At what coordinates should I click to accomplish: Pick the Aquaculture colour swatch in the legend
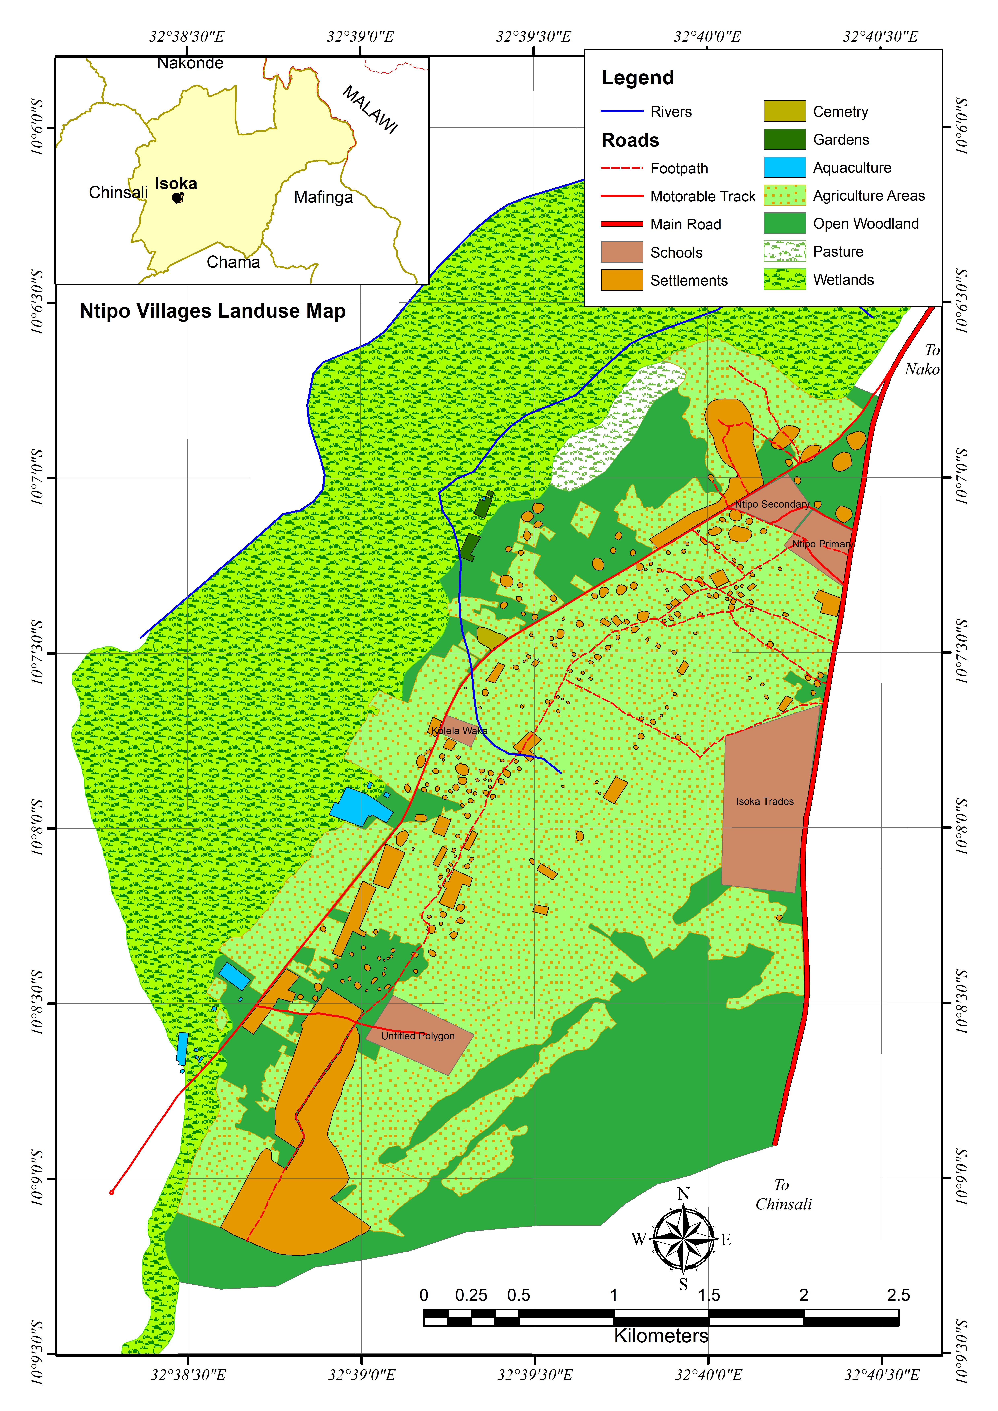[x=784, y=167]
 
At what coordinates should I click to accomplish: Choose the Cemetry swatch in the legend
[x=784, y=111]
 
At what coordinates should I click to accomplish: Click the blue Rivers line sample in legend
[x=621, y=111]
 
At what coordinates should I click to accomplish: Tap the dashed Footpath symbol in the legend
[x=621, y=168]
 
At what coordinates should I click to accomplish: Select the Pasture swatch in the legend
[x=784, y=252]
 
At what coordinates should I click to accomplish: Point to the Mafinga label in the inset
[x=323, y=197]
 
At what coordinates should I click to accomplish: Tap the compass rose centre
[x=683, y=1240]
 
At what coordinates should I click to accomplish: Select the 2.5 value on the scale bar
[x=898, y=1295]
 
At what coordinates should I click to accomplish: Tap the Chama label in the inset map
[x=233, y=263]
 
